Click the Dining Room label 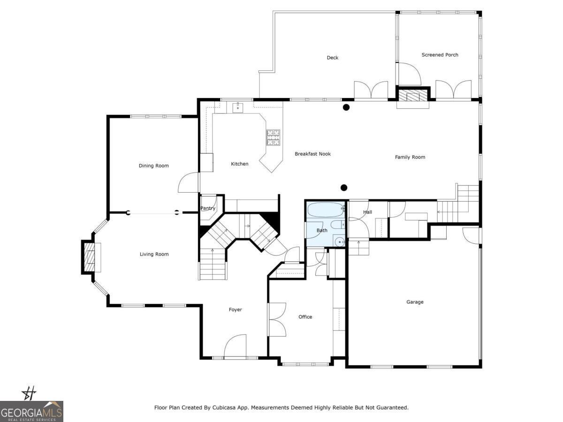click(x=153, y=166)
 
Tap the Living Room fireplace click(x=90, y=257)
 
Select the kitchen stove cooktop click(x=274, y=137)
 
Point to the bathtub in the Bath click(x=326, y=210)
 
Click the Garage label click(x=415, y=302)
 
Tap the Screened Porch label click(x=440, y=55)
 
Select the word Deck click(x=332, y=58)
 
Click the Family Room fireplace click(x=413, y=97)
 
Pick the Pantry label click(x=208, y=209)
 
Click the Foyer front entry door click(x=235, y=347)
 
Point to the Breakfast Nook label click(x=312, y=154)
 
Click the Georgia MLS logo click(x=31, y=411)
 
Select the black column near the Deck click(x=346, y=107)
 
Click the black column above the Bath click(x=344, y=188)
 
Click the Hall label click(x=367, y=212)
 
